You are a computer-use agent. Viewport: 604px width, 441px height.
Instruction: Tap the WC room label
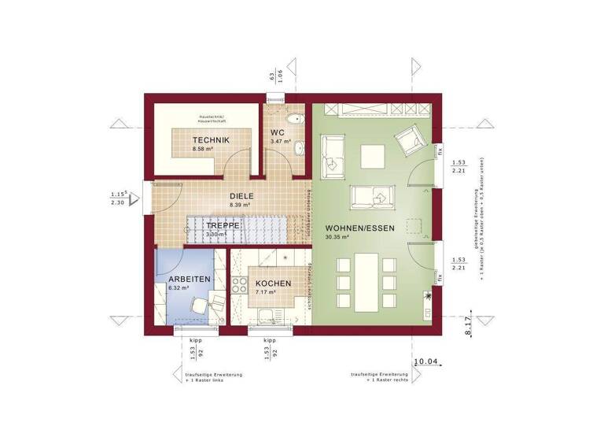coord(278,132)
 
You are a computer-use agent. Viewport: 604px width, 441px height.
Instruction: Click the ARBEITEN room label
coord(189,280)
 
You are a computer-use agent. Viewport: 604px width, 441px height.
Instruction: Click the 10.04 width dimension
coord(425,361)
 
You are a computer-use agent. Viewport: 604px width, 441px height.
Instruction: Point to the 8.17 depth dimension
coord(470,323)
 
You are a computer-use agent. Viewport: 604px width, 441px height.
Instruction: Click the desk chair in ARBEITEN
coord(200,305)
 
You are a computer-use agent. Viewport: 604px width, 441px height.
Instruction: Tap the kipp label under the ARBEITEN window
coord(193,341)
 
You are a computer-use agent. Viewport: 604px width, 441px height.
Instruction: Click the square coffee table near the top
coord(372,156)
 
